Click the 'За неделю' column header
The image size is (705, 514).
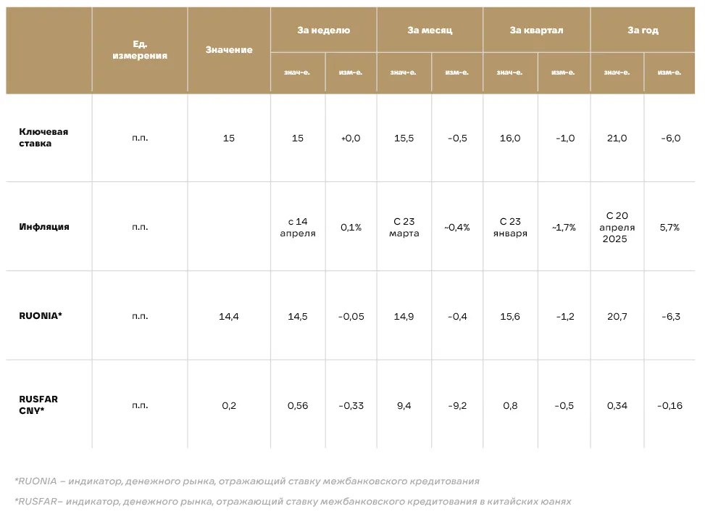323,30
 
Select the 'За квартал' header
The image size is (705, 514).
536,30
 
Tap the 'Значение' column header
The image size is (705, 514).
229,50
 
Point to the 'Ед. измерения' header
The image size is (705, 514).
140,50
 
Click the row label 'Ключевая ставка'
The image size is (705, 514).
43,138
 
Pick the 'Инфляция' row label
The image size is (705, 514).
44,227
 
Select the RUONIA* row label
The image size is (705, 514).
41,315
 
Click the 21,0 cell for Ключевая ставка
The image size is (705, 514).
617,138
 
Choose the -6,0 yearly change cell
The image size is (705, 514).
670,138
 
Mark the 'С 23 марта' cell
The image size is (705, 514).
404,227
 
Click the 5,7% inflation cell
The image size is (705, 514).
669,227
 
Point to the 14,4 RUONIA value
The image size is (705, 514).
229,316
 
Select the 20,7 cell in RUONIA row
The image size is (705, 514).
617,316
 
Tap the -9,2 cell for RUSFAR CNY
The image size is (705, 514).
457,406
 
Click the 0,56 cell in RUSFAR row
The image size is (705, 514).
298,406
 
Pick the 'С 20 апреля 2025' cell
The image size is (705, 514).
617,227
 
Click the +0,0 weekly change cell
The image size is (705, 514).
351,138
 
